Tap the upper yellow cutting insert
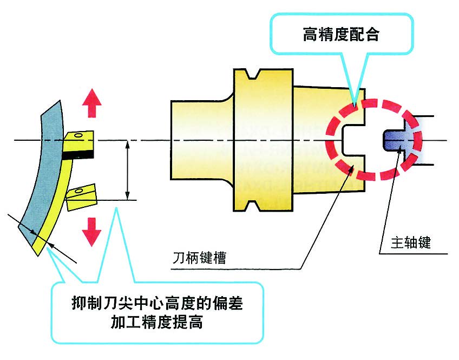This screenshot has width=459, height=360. [x=79, y=141]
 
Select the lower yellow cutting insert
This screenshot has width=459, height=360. [x=81, y=198]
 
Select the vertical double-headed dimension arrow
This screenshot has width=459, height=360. [x=128, y=171]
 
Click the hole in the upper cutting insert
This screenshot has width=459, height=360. [x=80, y=135]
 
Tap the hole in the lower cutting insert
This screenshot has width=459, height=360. [x=80, y=190]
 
